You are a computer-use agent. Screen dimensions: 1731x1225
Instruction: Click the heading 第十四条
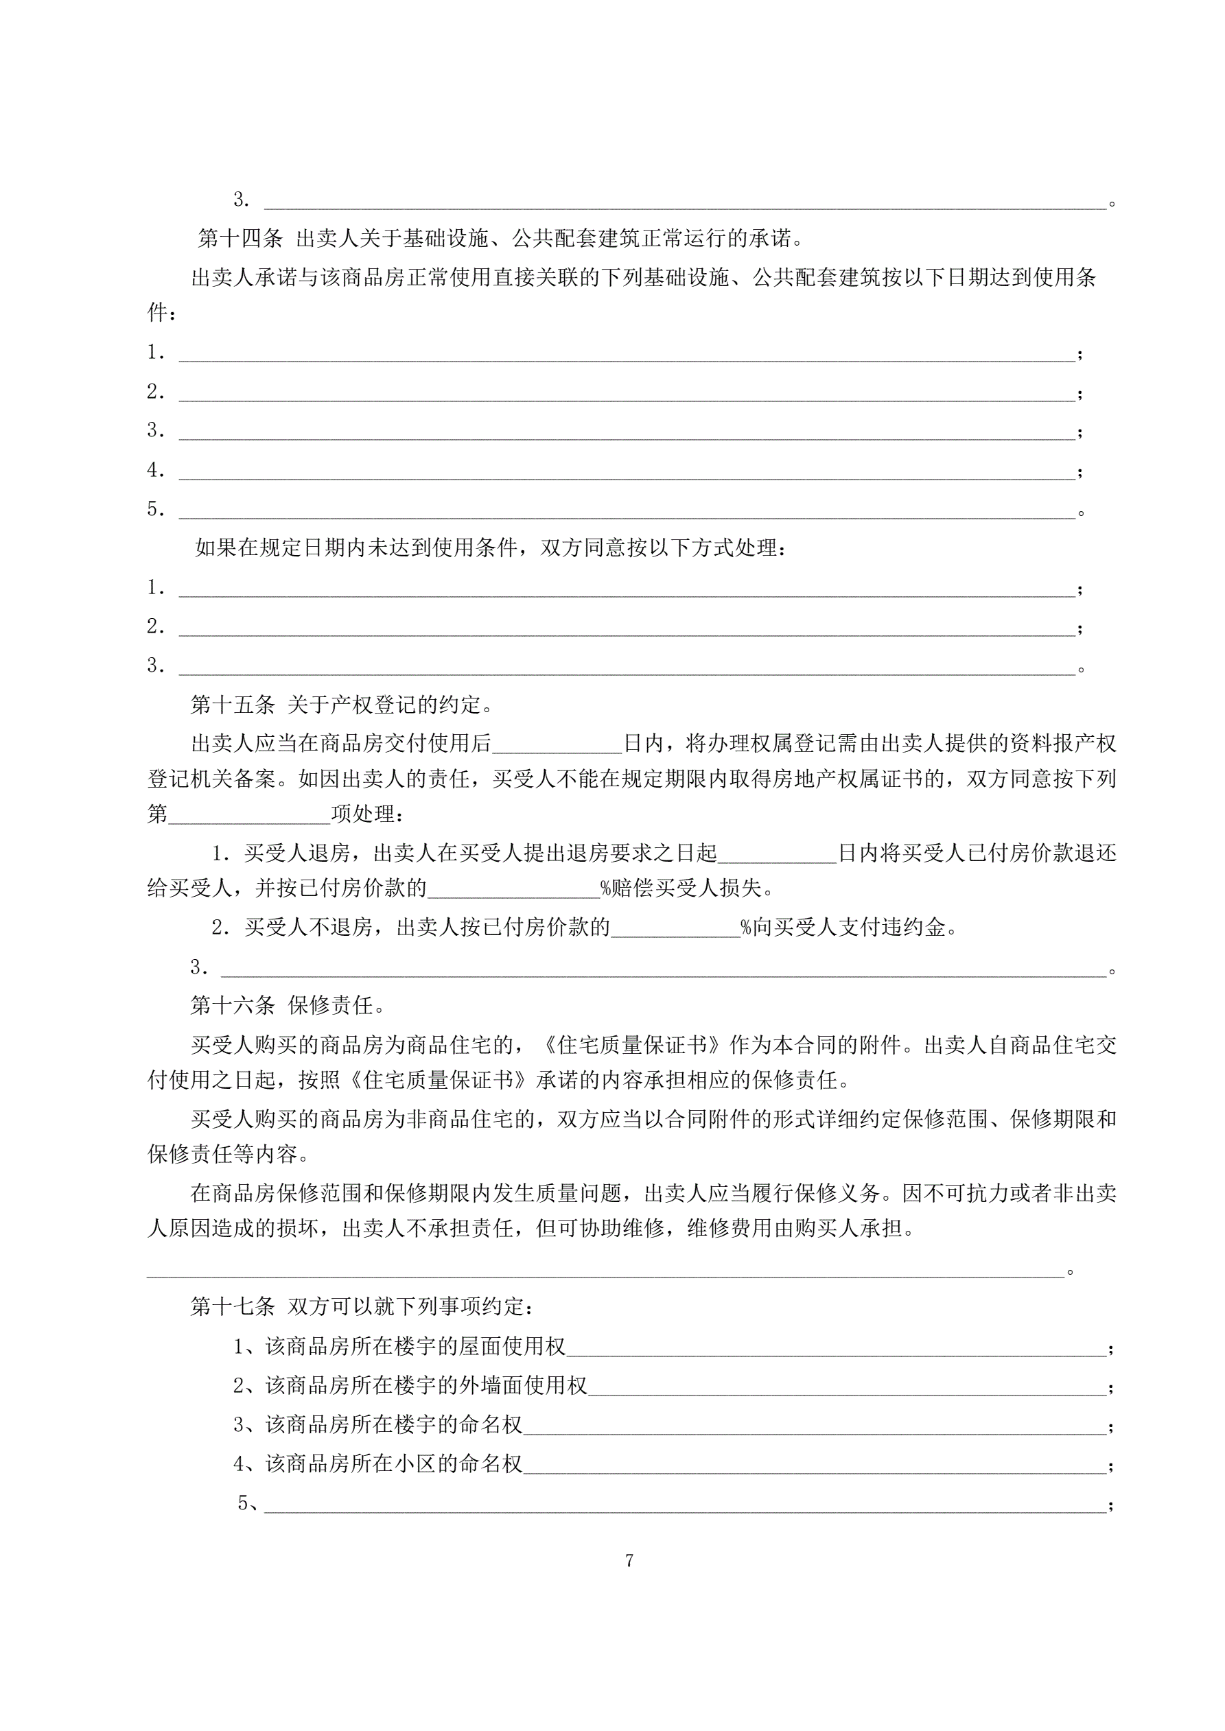tap(240, 239)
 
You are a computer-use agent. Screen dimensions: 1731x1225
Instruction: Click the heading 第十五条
tap(233, 705)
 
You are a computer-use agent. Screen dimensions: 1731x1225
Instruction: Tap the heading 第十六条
tap(233, 1005)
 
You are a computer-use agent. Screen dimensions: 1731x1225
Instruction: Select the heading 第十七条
tap(233, 1306)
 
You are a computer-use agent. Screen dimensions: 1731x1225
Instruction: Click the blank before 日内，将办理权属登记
tap(557, 745)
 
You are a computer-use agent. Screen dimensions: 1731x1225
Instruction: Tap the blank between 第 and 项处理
tap(250, 815)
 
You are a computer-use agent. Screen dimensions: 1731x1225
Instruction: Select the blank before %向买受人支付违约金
tap(676, 928)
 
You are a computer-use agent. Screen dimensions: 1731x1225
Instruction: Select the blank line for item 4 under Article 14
tap(626, 472)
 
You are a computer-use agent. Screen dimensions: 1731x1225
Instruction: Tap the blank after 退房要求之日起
tap(777, 854)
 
